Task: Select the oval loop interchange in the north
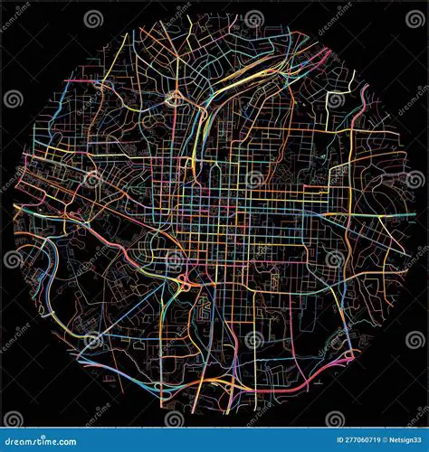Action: tap(172, 99)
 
